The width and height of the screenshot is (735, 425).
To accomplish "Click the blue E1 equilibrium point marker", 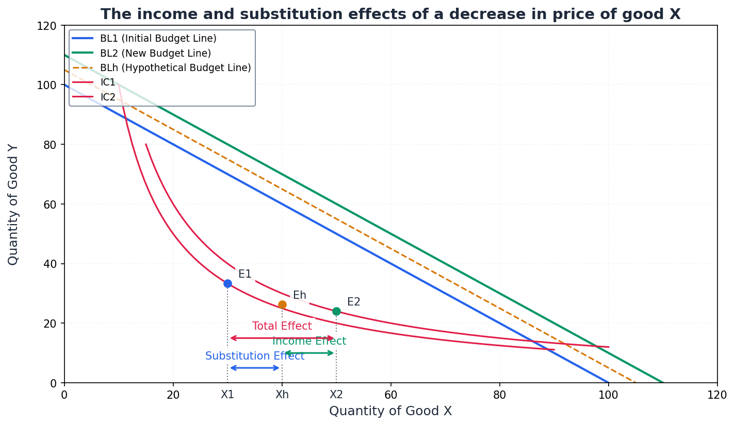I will (x=227, y=283).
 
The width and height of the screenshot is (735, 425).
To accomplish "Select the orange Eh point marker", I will (x=282, y=304).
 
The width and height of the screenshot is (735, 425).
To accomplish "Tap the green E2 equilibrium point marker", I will (x=336, y=311).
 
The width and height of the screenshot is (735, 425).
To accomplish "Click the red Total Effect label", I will (x=282, y=326).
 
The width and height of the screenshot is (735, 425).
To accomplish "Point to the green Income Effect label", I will (x=309, y=341).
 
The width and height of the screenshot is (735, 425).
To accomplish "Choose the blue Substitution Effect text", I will (x=255, y=356).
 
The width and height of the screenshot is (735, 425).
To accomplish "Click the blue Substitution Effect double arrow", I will (x=255, y=368).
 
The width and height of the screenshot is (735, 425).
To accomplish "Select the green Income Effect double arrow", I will (x=309, y=353).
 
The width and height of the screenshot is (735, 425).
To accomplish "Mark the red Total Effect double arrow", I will (x=282, y=338).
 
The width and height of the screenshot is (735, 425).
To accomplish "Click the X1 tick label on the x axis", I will (x=227, y=395).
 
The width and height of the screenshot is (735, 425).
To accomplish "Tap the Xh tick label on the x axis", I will (x=282, y=395).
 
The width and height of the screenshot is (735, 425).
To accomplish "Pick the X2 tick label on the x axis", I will (x=336, y=395).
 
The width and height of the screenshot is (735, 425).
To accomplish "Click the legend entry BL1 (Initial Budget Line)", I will (x=158, y=39).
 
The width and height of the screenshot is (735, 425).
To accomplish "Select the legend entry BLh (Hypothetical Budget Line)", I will (x=175, y=68).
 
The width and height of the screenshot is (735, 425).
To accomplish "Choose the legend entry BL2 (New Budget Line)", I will (x=155, y=53).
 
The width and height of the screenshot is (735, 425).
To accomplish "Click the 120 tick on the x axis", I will (x=717, y=395).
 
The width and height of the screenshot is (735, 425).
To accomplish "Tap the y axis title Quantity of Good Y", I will (x=13, y=205).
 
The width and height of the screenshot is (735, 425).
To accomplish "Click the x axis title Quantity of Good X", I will (x=390, y=411).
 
